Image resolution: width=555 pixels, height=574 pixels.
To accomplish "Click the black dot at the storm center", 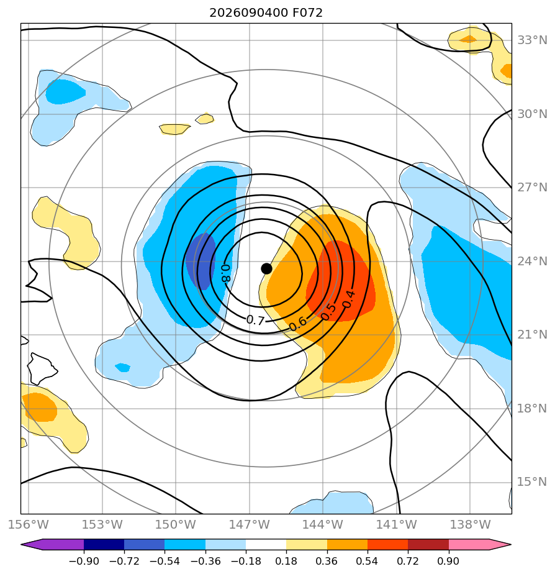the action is (266, 268).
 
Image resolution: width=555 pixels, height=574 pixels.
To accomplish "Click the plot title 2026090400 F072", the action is (266, 13).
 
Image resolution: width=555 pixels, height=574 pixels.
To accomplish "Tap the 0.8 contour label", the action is (226, 273).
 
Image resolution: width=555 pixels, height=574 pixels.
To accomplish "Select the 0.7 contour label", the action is (255, 321).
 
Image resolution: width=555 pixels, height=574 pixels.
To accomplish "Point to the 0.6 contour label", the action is (297, 324).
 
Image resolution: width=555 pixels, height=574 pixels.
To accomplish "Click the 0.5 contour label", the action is (328, 311).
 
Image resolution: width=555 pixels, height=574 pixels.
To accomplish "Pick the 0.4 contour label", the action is (348, 299).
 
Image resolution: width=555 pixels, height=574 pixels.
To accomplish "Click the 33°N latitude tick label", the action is (532, 40).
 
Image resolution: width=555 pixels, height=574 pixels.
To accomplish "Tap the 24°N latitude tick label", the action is (532, 261).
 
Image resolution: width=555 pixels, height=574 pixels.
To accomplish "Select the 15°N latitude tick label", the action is (532, 482).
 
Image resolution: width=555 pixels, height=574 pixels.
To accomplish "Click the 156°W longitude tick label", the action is (29, 524).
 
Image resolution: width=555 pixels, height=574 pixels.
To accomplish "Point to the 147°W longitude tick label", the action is (250, 524).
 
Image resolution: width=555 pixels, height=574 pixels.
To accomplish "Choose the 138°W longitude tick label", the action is (470, 524).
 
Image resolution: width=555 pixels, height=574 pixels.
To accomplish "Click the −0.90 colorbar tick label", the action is (84, 561).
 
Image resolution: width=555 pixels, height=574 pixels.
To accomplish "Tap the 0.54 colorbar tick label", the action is (367, 561).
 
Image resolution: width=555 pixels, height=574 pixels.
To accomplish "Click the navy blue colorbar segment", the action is (104, 544).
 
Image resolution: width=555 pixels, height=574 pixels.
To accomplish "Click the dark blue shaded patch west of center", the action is (201, 261).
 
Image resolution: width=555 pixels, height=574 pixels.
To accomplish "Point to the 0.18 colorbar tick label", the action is (286, 561).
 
